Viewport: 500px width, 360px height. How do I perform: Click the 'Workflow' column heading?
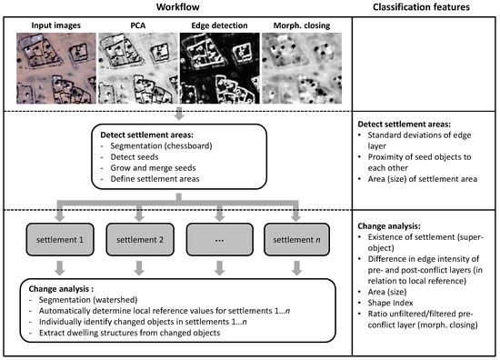[177, 7]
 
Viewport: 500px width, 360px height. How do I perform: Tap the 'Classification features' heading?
[421, 7]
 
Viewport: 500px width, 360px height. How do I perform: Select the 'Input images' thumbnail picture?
[56, 68]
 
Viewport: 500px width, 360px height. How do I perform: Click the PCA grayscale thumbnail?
[138, 68]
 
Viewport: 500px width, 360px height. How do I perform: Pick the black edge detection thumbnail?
[220, 68]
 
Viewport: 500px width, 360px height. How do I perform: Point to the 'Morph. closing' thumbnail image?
[302, 68]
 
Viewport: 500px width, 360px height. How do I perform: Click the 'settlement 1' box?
[60, 239]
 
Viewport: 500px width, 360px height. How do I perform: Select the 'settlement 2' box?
[140, 239]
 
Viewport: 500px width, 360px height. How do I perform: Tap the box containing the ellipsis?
[220, 239]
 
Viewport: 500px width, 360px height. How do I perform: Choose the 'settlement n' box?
[296, 239]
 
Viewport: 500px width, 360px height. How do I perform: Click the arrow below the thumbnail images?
[179, 114]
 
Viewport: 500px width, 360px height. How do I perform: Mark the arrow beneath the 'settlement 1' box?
[60, 268]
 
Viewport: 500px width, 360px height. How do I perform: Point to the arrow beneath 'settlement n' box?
[297, 268]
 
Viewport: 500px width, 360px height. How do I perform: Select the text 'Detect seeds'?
[135, 157]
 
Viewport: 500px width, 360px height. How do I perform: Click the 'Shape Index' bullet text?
[390, 303]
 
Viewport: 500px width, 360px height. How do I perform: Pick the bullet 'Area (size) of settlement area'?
[423, 179]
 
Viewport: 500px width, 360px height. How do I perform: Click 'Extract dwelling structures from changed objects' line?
[129, 333]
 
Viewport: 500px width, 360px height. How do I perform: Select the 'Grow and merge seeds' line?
[153, 168]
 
